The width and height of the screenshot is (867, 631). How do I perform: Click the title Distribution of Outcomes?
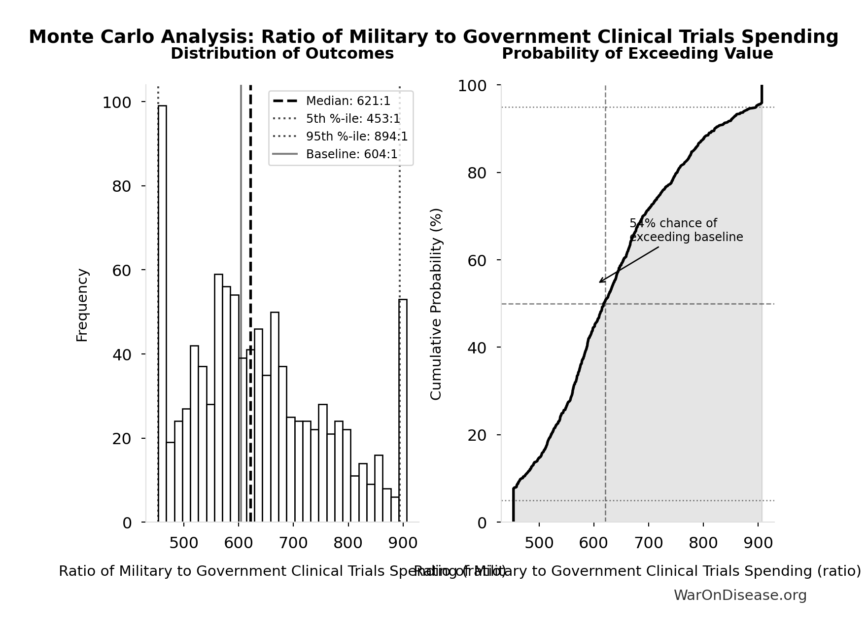282,54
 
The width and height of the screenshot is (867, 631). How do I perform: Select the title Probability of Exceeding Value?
637,54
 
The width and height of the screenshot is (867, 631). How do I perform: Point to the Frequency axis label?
82,305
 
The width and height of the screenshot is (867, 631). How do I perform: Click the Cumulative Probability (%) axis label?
436,304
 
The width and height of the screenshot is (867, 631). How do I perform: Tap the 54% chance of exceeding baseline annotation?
686,230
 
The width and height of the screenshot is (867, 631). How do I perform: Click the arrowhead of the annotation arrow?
600,282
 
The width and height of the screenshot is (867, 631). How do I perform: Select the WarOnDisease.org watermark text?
740,596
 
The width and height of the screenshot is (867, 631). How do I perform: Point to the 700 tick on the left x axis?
293,543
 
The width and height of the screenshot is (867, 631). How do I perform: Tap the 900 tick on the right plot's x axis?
758,543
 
